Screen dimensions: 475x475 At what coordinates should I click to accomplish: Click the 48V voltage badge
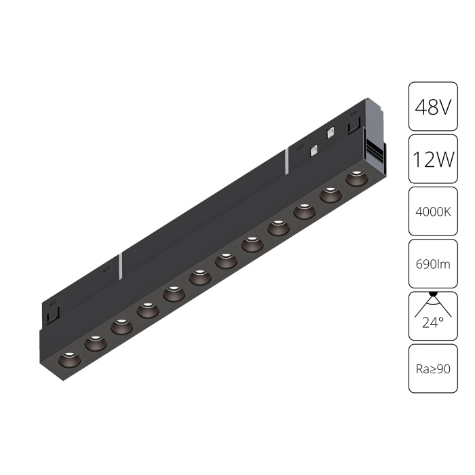(x=433, y=107)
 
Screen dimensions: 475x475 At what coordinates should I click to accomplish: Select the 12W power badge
(x=433, y=159)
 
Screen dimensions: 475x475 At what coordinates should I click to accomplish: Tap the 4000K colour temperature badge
(x=433, y=211)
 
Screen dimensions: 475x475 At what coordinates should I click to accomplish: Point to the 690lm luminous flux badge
(x=433, y=263)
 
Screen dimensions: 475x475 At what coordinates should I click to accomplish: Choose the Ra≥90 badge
(x=433, y=368)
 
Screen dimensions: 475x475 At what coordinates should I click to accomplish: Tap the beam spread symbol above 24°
(x=433, y=303)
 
